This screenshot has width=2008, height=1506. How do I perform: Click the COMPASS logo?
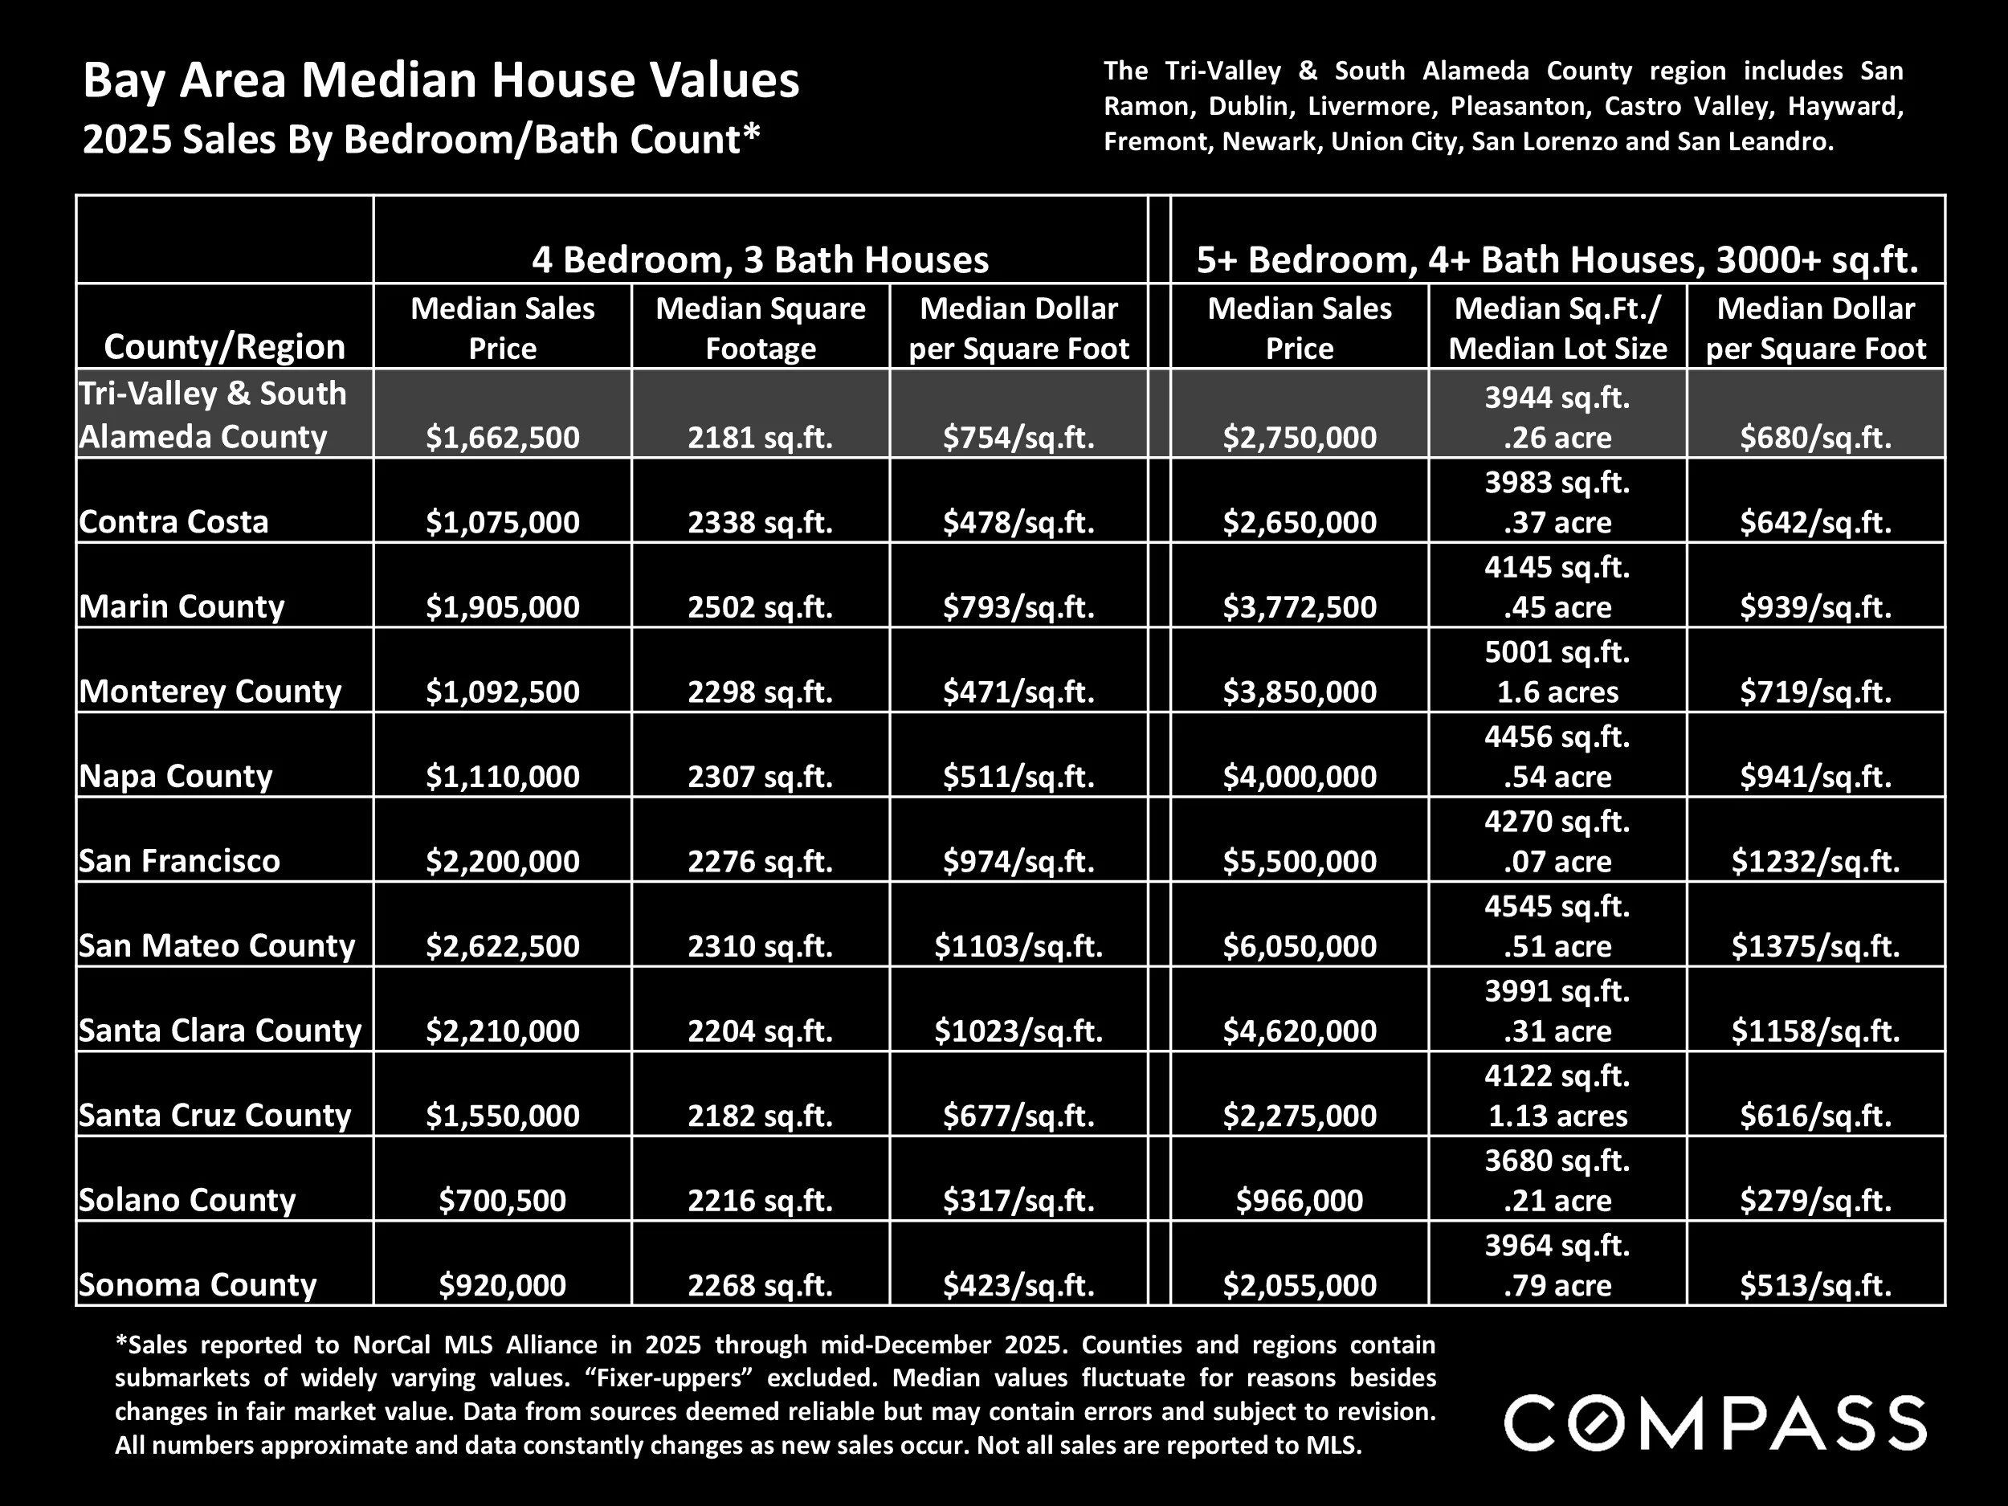coord(1714,1423)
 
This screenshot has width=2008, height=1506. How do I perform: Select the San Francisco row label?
coord(180,860)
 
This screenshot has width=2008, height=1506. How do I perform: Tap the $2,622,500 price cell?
coord(502,946)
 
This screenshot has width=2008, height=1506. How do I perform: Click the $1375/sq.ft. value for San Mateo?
coord(1814,946)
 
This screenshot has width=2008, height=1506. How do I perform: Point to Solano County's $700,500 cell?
coord(502,1200)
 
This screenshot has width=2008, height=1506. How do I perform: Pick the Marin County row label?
coord(182,606)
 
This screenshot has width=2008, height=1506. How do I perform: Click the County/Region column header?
coord(224,346)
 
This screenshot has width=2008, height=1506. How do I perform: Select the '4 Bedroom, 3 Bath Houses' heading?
coord(760,259)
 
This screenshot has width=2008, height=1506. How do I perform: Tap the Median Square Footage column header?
coord(760,328)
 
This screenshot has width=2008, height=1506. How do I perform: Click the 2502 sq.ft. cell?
coord(760,606)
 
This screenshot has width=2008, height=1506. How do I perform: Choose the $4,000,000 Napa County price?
coord(1299,776)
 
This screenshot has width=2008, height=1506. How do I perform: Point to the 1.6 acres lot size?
coord(1557,692)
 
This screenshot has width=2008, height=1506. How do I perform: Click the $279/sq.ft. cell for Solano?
coord(1814,1200)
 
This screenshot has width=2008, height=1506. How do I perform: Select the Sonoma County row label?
coord(198,1284)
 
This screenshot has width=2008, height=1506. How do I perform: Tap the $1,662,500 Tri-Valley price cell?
coord(502,438)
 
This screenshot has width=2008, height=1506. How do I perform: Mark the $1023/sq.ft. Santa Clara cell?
coord(1018,1031)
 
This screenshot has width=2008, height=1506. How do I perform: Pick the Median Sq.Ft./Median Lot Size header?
coord(1557,328)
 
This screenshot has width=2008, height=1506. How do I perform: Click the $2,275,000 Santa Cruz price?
coord(1299,1115)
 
